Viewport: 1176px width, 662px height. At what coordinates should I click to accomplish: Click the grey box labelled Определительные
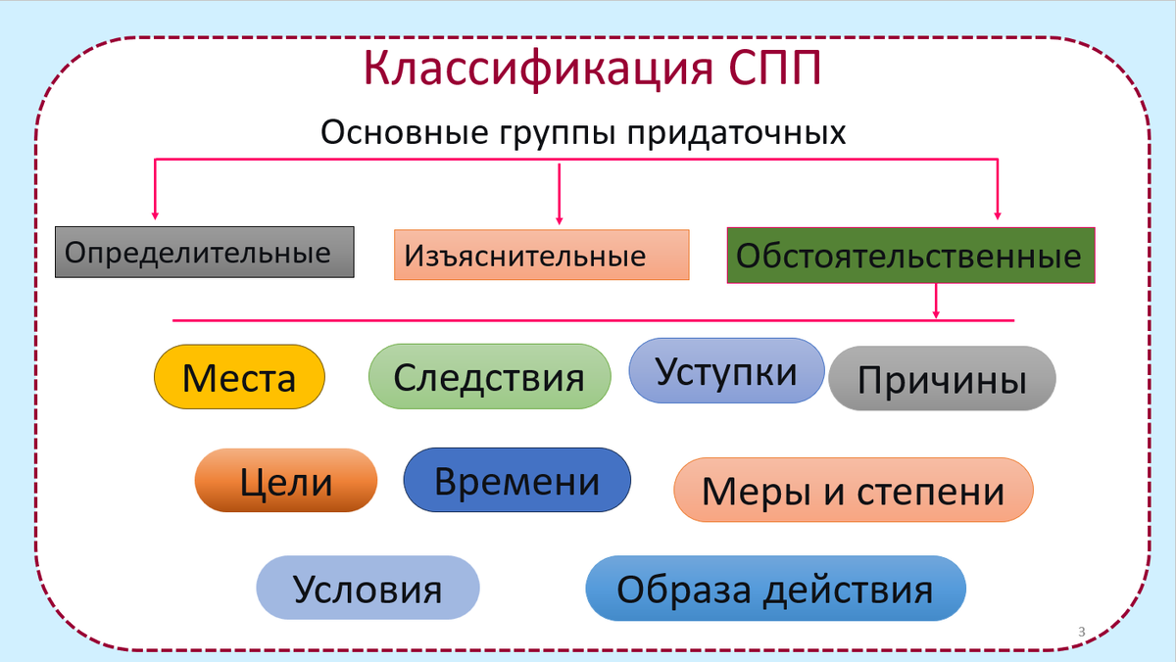point(204,253)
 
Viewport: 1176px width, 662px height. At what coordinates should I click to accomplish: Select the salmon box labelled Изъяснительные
point(541,256)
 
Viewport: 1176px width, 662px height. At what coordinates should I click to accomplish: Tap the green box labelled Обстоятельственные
point(910,257)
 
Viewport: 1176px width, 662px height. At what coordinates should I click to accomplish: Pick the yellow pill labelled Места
point(239,377)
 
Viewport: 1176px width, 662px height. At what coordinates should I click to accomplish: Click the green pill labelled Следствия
point(489,377)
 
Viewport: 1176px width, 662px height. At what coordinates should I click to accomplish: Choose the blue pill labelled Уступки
point(726,371)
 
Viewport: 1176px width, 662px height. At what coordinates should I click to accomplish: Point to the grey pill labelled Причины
point(942,379)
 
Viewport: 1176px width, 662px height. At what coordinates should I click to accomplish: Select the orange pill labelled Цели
point(286,481)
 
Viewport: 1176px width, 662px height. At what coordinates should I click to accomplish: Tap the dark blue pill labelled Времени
point(516,481)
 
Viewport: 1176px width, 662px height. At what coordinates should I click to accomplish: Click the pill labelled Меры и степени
point(853,490)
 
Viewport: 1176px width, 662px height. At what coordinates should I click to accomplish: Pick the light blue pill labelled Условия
point(367,589)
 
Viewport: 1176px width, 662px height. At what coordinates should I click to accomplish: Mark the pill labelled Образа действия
point(775,589)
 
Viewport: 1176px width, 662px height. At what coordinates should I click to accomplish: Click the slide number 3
point(1081,631)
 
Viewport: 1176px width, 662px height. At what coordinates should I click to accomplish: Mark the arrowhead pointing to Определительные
point(155,214)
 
